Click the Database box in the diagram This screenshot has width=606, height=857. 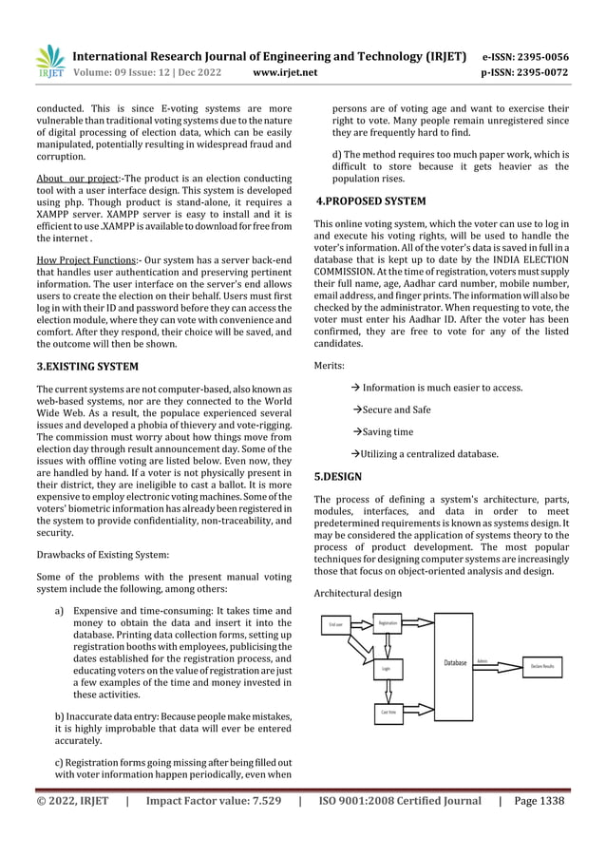tap(454, 662)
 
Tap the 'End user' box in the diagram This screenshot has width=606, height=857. tap(336, 625)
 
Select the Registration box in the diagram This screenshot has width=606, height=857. tap(388, 623)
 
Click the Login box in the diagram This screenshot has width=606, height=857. tap(387, 669)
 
